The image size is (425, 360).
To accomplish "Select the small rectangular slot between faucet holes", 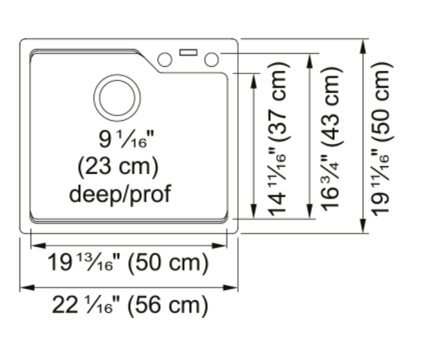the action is tap(189, 52).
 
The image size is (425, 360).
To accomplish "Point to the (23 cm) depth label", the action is tap(118, 167).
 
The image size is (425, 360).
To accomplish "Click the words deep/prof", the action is tap(120, 194).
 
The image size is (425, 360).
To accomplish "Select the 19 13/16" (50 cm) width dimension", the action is tap(128, 262).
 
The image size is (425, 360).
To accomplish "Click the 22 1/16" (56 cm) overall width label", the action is tap(130, 305).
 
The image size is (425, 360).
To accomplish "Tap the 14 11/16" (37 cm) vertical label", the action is tap(277, 139).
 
